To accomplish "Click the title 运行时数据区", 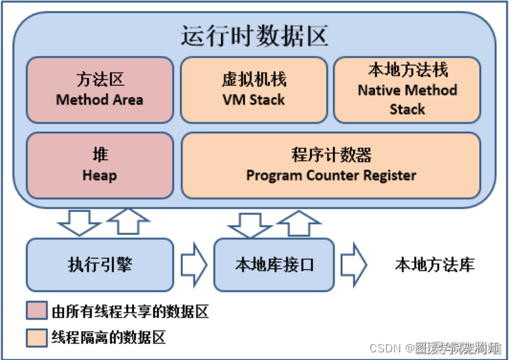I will pos(254,36).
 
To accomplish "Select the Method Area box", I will pos(99,89).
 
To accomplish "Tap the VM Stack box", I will pos(254,89).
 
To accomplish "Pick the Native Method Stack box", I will pos(407,89).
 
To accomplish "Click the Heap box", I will pos(99,165).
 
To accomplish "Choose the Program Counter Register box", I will pos(331,165).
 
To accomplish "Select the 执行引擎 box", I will pos(99,264).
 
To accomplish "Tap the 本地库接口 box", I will pos(274,264).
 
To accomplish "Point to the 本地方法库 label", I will pos(434,264).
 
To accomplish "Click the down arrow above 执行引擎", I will pos(78,222).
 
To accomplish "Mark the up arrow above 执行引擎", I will pos(127,221).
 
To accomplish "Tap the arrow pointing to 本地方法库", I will pos(354,264).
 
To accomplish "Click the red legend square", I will pos(37,312).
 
